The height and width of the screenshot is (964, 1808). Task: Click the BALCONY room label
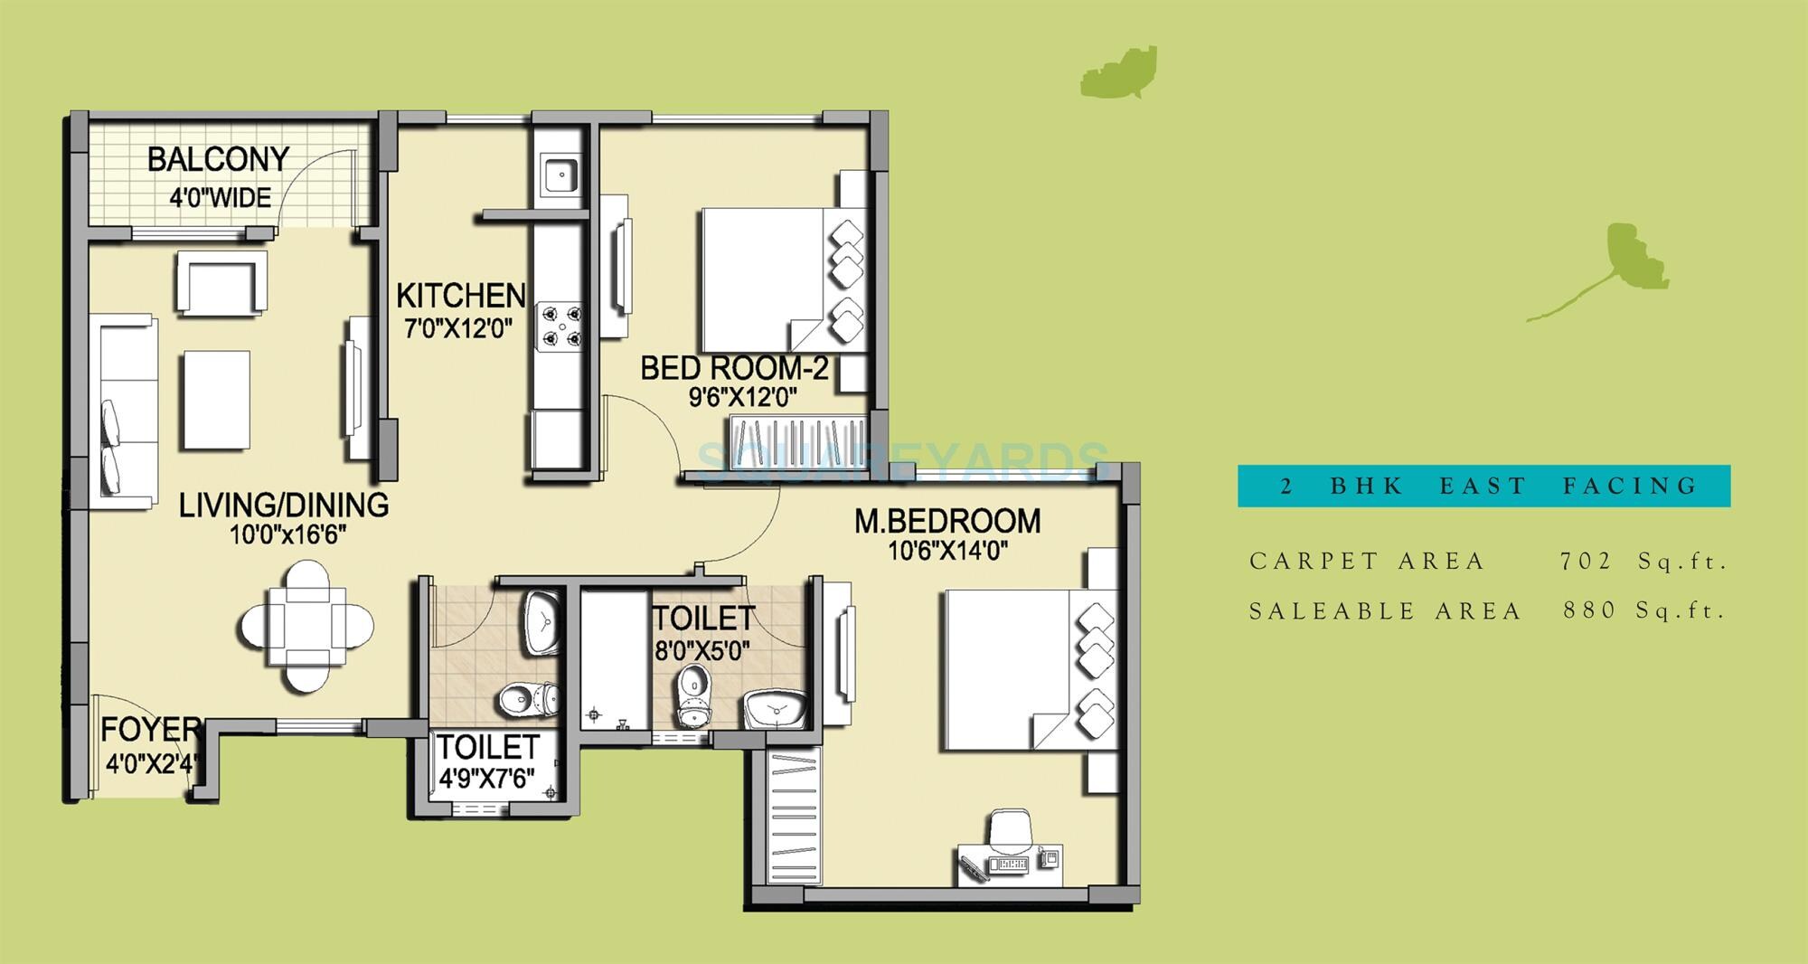pyautogui.click(x=218, y=160)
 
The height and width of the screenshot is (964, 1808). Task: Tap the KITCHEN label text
pyautogui.click(x=460, y=295)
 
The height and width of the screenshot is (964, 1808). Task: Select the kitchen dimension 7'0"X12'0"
pyautogui.click(x=458, y=327)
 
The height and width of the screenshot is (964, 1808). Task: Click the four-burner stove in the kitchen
pyautogui.click(x=561, y=326)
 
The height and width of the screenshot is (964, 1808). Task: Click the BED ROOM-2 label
pyautogui.click(x=734, y=368)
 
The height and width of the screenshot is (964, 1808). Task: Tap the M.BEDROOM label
pyautogui.click(x=947, y=521)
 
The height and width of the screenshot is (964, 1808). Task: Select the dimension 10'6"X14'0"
pyautogui.click(x=947, y=550)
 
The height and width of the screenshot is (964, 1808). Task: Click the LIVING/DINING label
pyautogui.click(x=284, y=505)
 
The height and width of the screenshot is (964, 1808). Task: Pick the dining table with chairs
pyautogui.click(x=306, y=626)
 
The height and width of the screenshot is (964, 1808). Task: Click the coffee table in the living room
pyautogui.click(x=216, y=399)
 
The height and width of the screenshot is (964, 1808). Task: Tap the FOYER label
pyautogui.click(x=150, y=729)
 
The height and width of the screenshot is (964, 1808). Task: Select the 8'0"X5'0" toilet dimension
pyautogui.click(x=702, y=650)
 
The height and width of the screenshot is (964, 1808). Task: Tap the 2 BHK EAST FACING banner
pyautogui.click(x=1483, y=486)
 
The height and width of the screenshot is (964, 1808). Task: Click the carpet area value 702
pyautogui.click(x=1586, y=562)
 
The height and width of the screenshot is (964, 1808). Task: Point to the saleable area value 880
pyautogui.click(x=1588, y=610)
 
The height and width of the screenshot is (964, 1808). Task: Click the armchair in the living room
pyautogui.click(x=221, y=282)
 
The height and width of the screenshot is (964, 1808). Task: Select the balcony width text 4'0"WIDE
pyautogui.click(x=220, y=197)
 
